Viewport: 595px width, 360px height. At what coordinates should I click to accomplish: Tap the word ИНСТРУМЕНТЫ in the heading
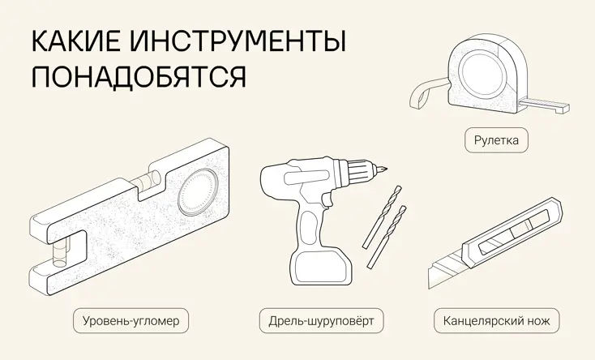(238, 41)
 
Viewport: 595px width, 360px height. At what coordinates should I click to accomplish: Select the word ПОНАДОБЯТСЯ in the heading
(139, 77)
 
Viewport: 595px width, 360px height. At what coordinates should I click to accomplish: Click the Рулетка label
(496, 140)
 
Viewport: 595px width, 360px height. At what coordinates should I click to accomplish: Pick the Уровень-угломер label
(131, 321)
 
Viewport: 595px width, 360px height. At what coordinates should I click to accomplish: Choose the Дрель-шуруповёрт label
(321, 321)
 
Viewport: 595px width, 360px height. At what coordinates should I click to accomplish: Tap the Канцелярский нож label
(496, 321)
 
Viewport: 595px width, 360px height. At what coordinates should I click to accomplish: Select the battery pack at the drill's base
(321, 267)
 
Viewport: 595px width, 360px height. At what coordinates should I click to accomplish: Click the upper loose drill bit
(382, 216)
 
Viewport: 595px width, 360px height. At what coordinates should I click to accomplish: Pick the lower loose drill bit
(387, 237)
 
